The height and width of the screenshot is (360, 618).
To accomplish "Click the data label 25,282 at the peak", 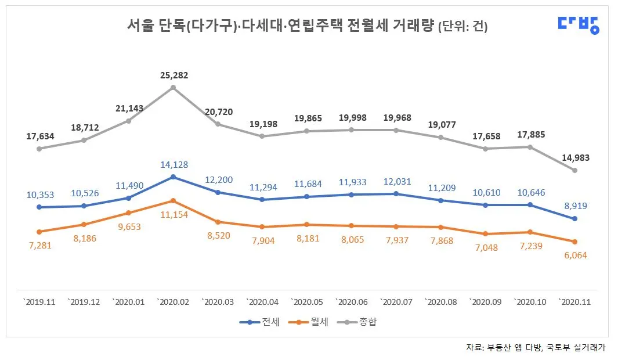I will pyautogui.click(x=172, y=75).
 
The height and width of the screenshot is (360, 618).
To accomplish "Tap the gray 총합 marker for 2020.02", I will pyautogui.click(x=173, y=88).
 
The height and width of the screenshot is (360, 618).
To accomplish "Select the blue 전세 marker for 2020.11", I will pyautogui.click(x=574, y=219).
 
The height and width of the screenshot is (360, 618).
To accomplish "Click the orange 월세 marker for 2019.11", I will pyautogui.click(x=39, y=232).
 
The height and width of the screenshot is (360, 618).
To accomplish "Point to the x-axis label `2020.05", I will pyautogui.click(x=306, y=303).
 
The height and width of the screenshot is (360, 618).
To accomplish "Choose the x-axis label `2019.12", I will pyautogui.click(x=84, y=303).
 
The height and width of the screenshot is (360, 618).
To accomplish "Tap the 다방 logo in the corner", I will pyautogui.click(x=578, y=24).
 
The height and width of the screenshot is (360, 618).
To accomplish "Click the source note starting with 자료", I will pyautogui.click(x=536, y=347).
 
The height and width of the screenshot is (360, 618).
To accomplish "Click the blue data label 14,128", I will pyautogui.click(x=172, y=165).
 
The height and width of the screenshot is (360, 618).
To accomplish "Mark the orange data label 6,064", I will pyautogui.click(x=574, y=255).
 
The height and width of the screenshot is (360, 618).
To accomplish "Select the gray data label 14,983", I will pyautogui.click(x=574, y=157).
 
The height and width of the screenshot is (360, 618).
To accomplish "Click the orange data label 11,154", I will pyautogui.click(x=172, y=215).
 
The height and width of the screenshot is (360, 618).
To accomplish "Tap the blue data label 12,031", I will pyautogui.click(x=396, y=182).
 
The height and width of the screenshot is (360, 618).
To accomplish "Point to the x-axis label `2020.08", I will pyautogui.click(x=440, y=303).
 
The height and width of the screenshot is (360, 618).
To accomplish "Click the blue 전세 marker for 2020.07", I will pyautogui.click(x=396, y=194).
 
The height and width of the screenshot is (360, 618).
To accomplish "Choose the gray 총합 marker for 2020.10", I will pyautogui.click(x=530, y=147).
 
